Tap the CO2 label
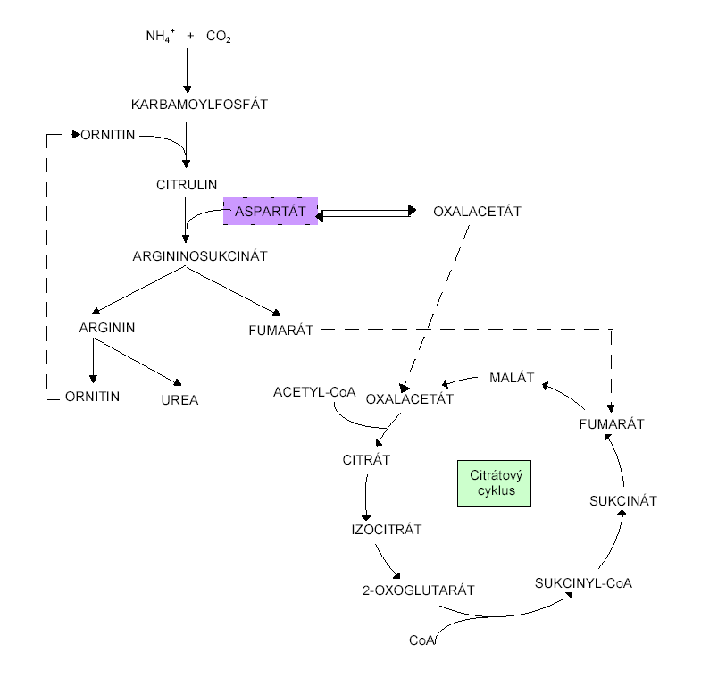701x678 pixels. (x=219, y=37)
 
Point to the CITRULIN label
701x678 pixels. (x=187, y=185)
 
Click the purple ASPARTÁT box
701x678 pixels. (x=271, y=212)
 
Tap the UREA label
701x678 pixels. (x=179, y=400)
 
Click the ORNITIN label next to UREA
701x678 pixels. (x=92, y=396)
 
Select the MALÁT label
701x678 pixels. (x=512, y=378)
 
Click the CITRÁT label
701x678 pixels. (x=367, y=460)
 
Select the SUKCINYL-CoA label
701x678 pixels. (x=584, y=582)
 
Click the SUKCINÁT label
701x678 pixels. (x=622, y=501)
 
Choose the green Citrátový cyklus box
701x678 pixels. (x=492, y=483)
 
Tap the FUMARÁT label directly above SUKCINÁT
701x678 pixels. (x=612, y=423)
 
